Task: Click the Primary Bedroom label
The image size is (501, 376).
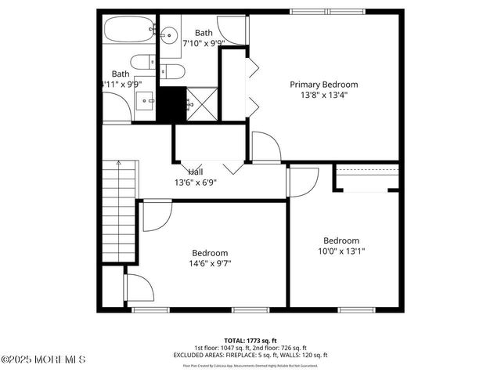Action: click(x=323, y=85)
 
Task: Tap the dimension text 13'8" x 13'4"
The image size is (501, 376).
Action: click(x=323, y=95)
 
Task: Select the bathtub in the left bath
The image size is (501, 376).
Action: click(x=129, y=34)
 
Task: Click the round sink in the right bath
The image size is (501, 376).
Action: click(x=168, y=34)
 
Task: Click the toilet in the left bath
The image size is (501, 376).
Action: click(x=142, y=63)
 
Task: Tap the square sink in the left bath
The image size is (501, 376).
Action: click(x=145, y=101)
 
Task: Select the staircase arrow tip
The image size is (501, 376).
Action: click(x=118, y=162)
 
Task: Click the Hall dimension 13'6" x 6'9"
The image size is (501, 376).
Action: click(x=195, y=183)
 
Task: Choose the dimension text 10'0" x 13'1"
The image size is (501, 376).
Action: click(x=341, y=251)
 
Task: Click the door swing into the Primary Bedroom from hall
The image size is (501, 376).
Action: click(x=264, y=147)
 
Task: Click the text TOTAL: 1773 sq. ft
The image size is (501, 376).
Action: click(x=250, y=341)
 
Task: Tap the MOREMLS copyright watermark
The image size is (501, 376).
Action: click(x=43, y=360)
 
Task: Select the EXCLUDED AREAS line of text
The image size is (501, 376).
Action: click(x=250, y=355)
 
